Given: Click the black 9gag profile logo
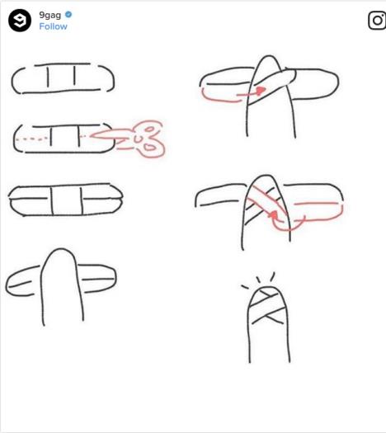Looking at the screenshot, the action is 20,20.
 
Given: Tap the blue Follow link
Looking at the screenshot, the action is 53,26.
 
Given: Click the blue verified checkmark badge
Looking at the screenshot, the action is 68,15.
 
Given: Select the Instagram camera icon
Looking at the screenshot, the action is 377,20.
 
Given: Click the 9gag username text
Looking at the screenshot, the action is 49,15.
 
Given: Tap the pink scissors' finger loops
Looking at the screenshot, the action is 150,139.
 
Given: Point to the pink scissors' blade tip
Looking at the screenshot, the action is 91,135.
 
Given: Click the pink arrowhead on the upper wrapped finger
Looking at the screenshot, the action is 261,91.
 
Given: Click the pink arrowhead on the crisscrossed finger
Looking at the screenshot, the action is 273,214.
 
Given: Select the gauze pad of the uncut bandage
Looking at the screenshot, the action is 61,75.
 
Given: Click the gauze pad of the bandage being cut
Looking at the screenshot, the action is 65,136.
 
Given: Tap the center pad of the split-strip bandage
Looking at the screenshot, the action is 67,200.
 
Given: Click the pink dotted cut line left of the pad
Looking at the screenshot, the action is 31,139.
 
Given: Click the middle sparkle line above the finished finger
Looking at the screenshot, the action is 258,280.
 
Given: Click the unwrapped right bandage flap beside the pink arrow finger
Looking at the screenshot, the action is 315,83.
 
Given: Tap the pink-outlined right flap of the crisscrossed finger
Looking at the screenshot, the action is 318,212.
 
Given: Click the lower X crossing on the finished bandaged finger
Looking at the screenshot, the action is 267,316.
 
